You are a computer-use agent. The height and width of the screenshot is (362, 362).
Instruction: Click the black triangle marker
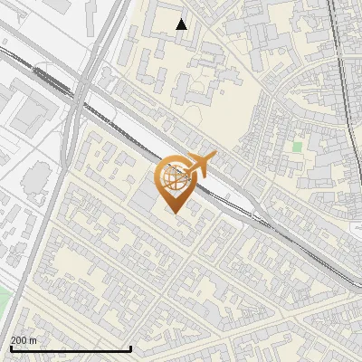coord(182,24)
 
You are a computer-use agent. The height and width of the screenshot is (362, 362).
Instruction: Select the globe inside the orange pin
coord(173,181)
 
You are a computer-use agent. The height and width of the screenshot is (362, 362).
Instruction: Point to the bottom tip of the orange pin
coord(174,213)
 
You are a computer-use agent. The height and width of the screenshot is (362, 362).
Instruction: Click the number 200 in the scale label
coord(20,339)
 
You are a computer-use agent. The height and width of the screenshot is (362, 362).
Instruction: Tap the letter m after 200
coord(34,339)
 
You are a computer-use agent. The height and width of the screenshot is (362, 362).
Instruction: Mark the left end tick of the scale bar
coord(10,348)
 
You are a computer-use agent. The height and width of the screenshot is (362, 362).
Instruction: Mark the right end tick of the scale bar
coord(132,348)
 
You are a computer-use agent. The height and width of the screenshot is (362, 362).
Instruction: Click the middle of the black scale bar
coord(71,348)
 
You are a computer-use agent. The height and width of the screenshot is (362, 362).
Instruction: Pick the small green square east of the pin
coord(297,146)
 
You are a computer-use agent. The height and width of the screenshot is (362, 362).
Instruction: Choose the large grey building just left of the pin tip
coord(150,203)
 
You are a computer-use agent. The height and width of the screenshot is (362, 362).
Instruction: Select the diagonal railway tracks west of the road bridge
coord(36,68)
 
